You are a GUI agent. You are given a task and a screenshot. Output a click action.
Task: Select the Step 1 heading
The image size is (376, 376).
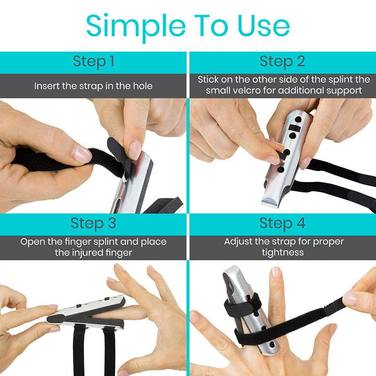(94, 62)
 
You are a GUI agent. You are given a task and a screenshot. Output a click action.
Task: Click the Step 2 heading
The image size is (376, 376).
(282, 62)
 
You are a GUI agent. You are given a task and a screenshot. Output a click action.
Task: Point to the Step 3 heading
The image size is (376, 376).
(94, 224)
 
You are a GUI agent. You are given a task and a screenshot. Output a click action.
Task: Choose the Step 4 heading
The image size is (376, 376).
(282, 224)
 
